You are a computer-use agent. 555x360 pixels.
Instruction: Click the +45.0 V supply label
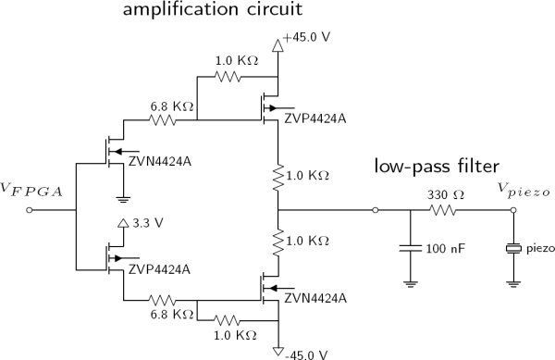[306, 41]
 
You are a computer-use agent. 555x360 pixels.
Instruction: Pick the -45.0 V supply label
[305, 352]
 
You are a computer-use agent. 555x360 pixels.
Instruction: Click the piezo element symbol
[513, 248]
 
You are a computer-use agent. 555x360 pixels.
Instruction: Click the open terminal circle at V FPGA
[31, 210]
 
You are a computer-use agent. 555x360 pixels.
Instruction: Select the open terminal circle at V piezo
[513, 210]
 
